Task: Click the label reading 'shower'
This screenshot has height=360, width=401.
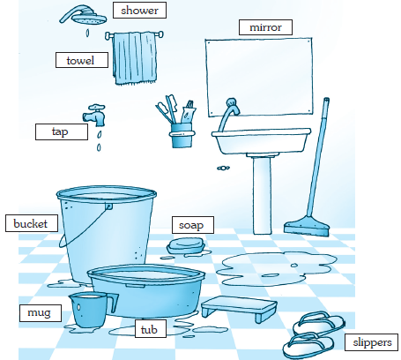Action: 139,11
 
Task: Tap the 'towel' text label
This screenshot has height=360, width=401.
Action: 82,60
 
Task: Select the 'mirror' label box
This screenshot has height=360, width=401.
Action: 265,27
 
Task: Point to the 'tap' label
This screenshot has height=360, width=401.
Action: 62,131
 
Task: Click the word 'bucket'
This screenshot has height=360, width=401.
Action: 32,223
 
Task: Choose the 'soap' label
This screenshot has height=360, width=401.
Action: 193,225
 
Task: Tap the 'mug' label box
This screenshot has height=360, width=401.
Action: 41,313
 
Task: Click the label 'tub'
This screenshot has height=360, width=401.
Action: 151,329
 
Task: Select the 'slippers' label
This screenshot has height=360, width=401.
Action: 371,342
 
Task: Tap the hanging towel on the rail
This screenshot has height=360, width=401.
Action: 135,58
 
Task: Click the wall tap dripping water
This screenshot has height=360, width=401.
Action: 95,115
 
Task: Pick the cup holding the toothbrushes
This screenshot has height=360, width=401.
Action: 182,136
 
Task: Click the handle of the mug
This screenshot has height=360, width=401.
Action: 112,303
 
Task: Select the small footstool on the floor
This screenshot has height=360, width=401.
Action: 239,308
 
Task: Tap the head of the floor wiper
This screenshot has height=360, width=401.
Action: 307,228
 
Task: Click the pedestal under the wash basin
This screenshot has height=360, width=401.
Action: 262,195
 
